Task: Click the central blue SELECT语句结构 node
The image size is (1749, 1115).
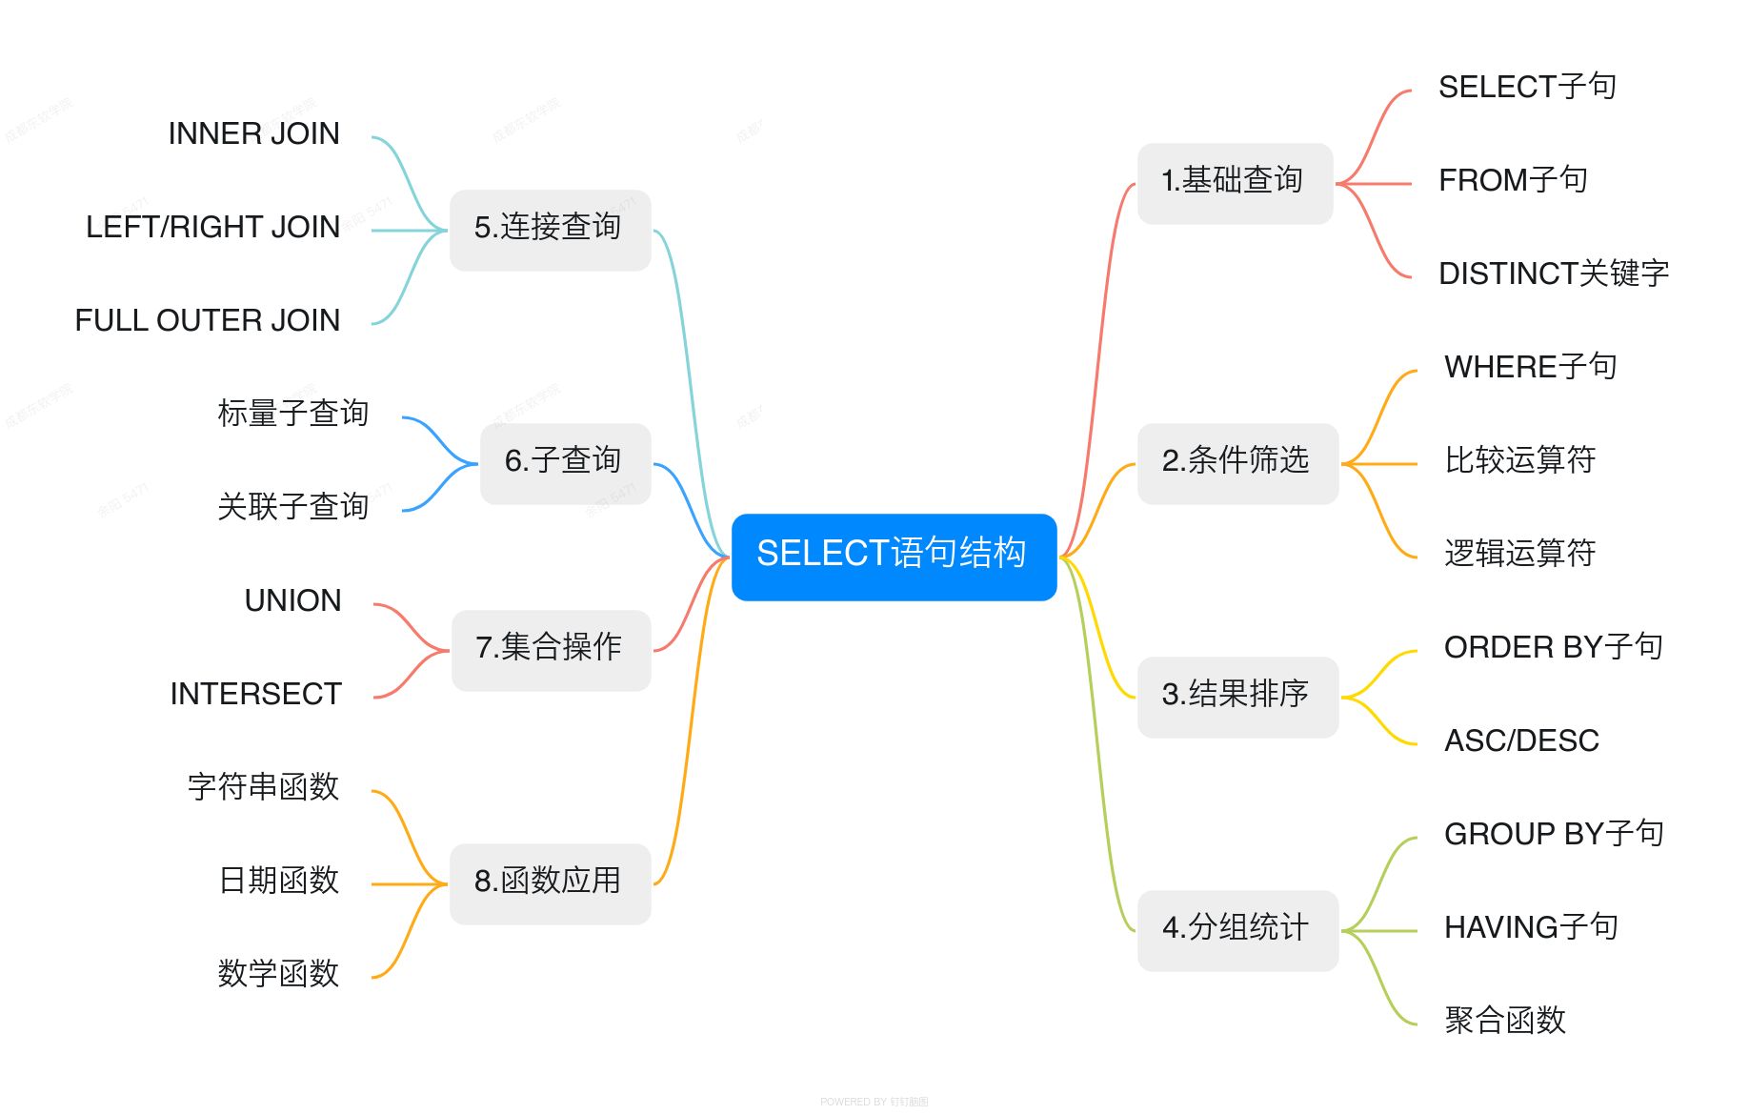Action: click(x=894, y=557)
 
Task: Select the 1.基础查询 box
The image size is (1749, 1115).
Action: click(x=1235, y=183)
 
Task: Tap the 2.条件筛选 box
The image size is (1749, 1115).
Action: click(x=1236, y=463)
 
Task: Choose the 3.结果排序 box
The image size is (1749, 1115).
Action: click(x=1236, y=697)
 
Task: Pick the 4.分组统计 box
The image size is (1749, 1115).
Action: click(x=1236, y=930)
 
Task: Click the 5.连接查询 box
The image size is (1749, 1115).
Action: click(x=550, y=230)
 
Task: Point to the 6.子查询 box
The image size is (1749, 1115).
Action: click(x=564, y=463)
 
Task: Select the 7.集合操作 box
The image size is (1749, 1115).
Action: click(x=550, y=650)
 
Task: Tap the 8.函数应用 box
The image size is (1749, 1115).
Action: click(x=550, y=883)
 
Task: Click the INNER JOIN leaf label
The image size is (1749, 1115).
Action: click(x=253, y=134)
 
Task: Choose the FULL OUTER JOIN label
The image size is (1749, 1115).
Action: click(x=208, y=321)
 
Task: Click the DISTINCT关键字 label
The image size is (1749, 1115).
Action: click(x=1553, y=274)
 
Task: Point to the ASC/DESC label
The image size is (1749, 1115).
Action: click(x=1520, y=741)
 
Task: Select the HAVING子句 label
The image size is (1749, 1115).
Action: click(x=1530, y=928)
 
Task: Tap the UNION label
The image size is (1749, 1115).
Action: click(x=292, y=601)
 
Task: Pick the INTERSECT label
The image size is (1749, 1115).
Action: click(x=255, y=695)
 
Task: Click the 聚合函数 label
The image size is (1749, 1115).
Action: click(x=1504, y=1022)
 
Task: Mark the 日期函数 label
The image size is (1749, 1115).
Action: click(x=278, y=882)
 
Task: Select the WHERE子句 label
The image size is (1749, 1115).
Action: click(x=1530, y=368)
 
